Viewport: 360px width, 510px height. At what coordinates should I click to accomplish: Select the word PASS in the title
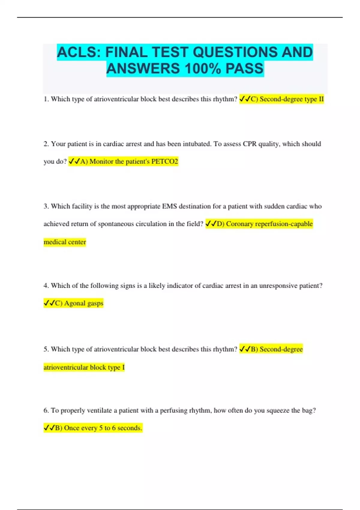click(244, 69)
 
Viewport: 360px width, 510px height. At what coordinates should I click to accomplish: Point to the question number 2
click(46, 144)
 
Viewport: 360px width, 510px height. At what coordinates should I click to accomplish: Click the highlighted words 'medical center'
click(64, 242)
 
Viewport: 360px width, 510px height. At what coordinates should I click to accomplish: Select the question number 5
click(46, 349)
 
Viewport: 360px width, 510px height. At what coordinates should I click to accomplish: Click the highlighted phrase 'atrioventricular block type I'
click(84, 367)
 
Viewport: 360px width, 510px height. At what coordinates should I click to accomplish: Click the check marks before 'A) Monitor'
click(74, 161)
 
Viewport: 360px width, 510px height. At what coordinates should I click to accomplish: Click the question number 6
click(46, 410)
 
